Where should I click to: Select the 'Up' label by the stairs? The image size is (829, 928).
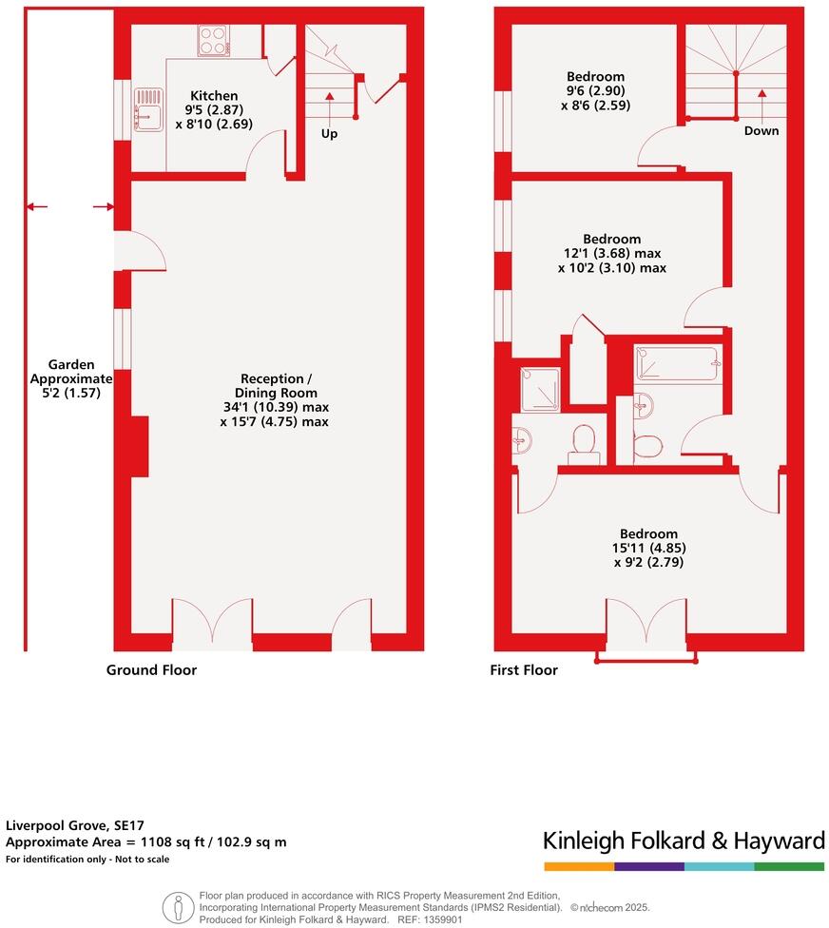click(x=329, y=134)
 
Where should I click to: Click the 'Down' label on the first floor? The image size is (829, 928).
click(x=762, y=130)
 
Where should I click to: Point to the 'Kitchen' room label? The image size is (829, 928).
click(x=214, y=96)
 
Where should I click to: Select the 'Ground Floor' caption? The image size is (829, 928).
click(x=151, y=670)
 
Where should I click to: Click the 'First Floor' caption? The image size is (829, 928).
click(x=524, y=670)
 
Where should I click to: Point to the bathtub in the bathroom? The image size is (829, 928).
click(x=677, y=364)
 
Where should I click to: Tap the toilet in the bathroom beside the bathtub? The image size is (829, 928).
click(x=649, y=447)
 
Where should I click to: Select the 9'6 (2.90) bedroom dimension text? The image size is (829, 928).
click(x=596, y=92)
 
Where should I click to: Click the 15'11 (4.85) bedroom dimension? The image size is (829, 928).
click(x=649, y=548)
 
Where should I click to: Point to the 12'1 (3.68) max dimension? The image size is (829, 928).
click(x=611, y=254)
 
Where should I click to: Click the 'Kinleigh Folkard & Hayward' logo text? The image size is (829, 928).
click(x=683, y=841)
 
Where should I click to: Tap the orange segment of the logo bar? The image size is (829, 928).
click(x=579, y=866)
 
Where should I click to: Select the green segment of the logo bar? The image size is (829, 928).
click(x=789, y=866)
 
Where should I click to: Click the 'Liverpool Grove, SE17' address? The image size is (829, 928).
click(x=75, y=825)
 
